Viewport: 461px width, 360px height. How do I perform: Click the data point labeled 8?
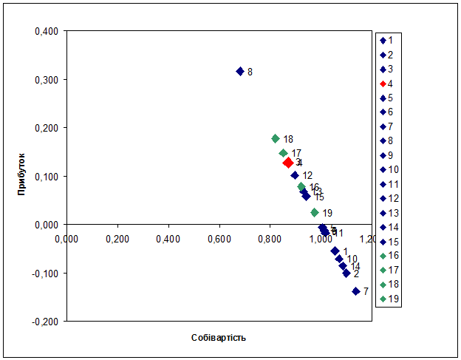click(240, 72)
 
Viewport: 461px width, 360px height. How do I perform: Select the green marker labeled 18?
click(276, 139)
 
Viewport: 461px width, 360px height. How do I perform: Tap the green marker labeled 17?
click(283, 153)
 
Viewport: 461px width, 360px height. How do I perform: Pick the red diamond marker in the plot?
click(288, 163)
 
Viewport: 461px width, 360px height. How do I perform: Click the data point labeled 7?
click(356, 291)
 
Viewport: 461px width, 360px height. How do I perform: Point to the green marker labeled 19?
click(315, 213)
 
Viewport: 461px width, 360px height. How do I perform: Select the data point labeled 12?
click(295, 175)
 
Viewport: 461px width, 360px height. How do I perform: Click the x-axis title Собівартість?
click(218, 338)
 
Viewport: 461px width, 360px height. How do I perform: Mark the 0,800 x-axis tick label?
click(270, 239)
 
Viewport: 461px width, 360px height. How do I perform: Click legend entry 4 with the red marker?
click(386, 84)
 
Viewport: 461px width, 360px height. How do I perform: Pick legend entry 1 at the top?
click(386, 40)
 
